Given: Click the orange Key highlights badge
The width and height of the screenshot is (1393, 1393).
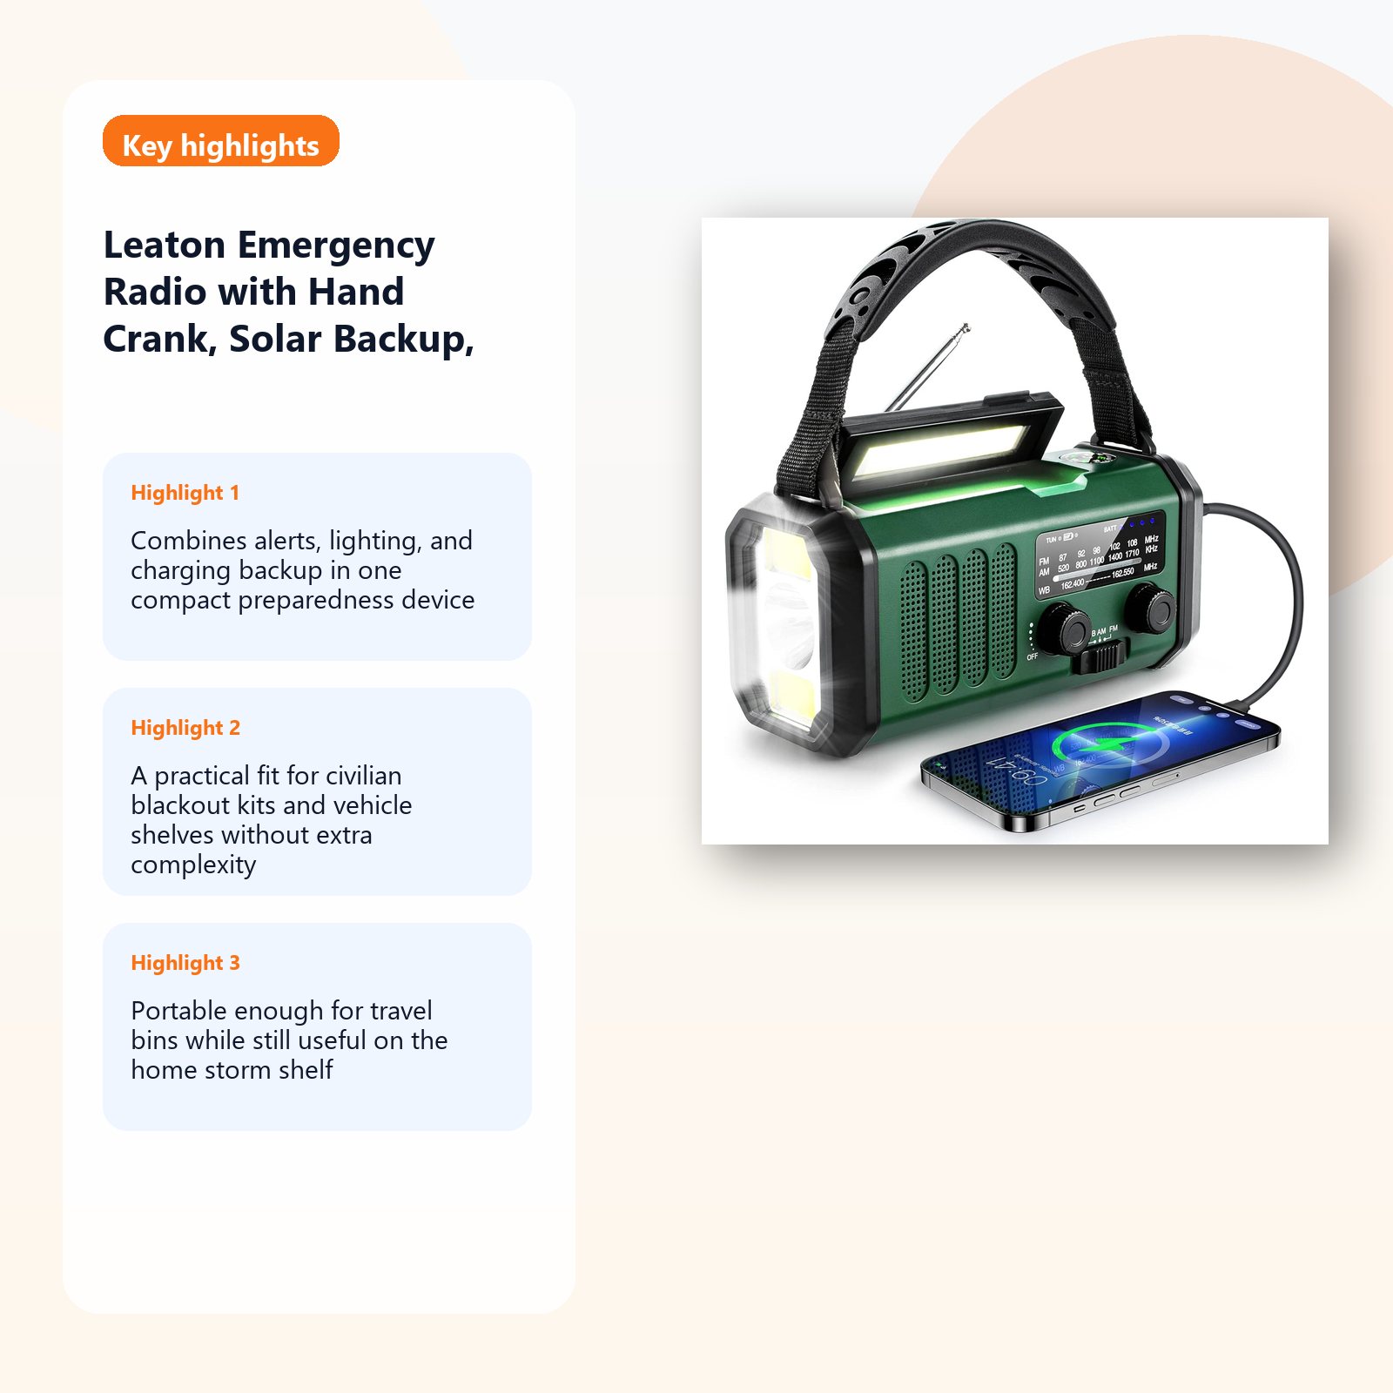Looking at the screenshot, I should point(220,141).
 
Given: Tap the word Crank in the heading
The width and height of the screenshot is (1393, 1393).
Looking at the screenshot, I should point(159,340).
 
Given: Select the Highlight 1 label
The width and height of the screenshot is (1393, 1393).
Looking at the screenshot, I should point(185,493).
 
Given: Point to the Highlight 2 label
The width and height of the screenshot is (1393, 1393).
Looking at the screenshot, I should point(185,728).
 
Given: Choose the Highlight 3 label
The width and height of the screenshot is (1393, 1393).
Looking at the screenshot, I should point(185,963).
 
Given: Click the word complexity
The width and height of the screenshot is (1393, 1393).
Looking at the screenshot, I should point(193,865).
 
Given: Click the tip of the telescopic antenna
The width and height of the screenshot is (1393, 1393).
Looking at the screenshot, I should point(966,327).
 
